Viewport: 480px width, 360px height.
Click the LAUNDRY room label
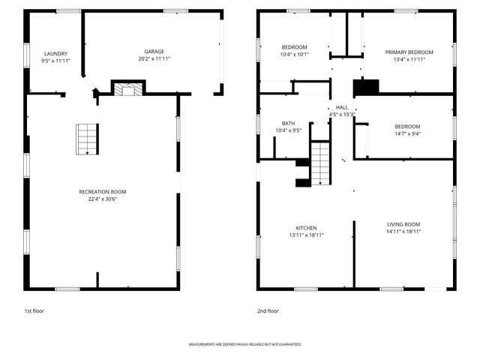[x=55, y=53]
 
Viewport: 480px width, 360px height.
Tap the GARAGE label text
[x=154, y=52]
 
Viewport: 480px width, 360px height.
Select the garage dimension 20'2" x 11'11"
[x=154, y=58]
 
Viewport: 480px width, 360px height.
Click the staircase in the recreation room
[x=87, y=139]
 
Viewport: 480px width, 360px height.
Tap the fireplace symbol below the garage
[x=127, y=89]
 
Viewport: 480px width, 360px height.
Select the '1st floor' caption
[x=34, y=310]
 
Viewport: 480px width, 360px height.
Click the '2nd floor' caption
[x=268, y=310]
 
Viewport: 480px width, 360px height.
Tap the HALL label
[x=341, y=108]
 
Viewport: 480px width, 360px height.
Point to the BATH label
[x=288, y=123]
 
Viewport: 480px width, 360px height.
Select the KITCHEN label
[x=305, y=227]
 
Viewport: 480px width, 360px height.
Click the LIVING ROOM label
[x=403, y=224]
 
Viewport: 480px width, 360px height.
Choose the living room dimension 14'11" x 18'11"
[x=403, y=232]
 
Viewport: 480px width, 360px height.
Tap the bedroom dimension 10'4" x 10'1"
[x=295, y=54]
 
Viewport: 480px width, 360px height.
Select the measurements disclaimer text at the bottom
[x=244, y=344]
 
